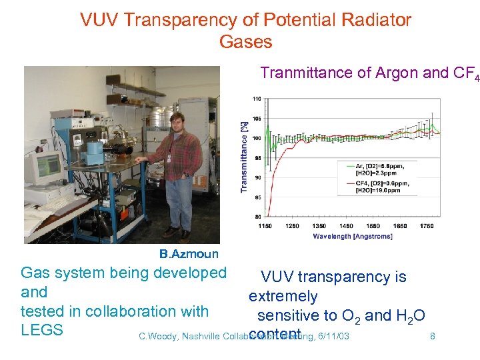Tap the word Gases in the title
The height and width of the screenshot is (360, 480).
(245, 42)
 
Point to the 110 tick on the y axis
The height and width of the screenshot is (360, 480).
(257, 99)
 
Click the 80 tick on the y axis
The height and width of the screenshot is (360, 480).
(257, 217)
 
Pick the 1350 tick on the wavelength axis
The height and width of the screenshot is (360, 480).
(319, 226)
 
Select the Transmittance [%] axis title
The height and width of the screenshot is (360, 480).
(244, 157)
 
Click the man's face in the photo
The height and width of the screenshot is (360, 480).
(177, 123)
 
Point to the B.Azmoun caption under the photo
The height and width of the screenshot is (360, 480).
(189, 253)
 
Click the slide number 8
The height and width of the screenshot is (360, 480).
(433, 336)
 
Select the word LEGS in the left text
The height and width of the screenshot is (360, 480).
(41, 330)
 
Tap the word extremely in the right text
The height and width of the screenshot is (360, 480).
(283, 296)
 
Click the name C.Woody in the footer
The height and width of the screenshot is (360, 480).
(158, 336)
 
